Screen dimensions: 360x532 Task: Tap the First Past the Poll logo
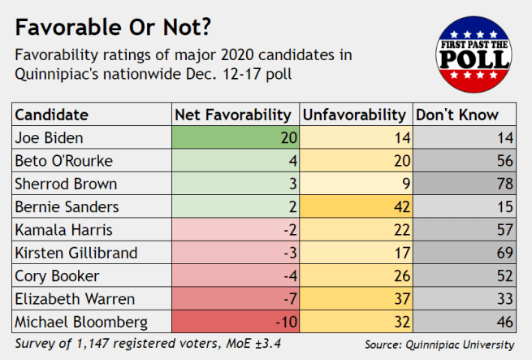click(x=474, y=54)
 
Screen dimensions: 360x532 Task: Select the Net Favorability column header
click(x=233, y=115)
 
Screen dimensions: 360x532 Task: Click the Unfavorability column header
click(x=354, y=115)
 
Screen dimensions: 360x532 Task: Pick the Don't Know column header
click(x=457, y=115)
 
